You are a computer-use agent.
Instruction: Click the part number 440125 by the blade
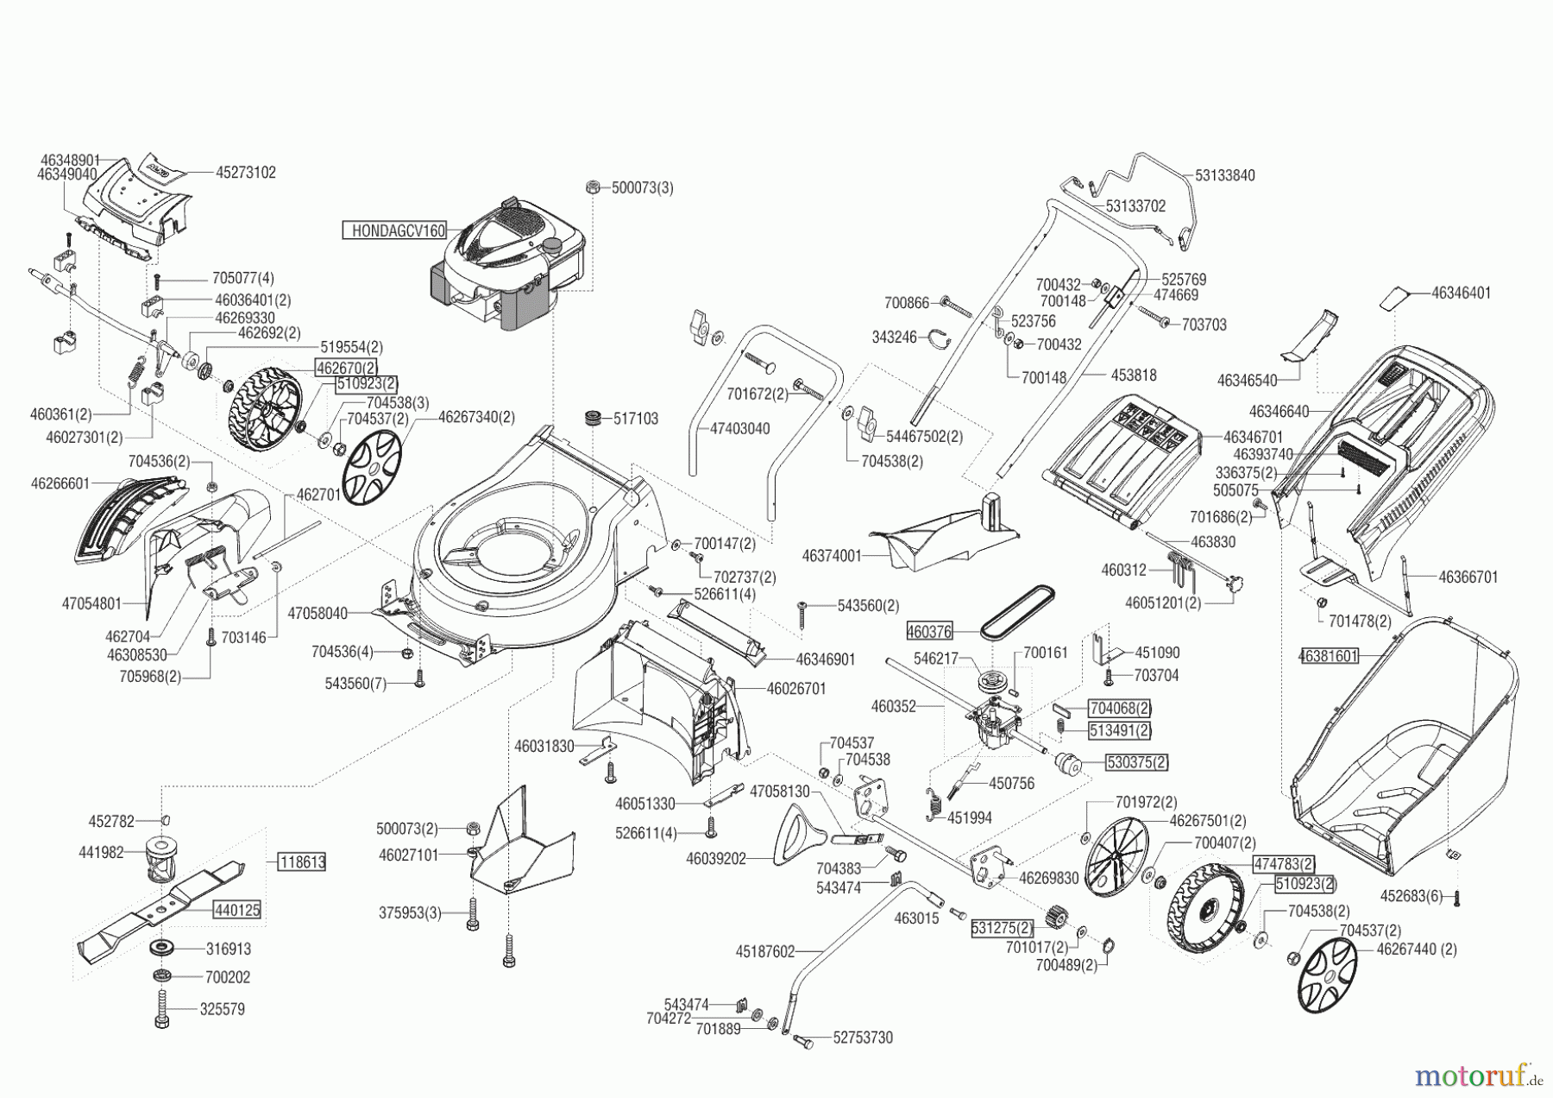click(x=237, y=910)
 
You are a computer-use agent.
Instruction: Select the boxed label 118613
click(x=302, y=861)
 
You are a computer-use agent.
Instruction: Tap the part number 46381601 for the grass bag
click(x=1329, y=656)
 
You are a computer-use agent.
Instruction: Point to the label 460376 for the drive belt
click(x=929, y=632)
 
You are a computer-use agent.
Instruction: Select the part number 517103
click(x=636, y=419)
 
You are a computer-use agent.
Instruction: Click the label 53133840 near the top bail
click(x=1225, y=175)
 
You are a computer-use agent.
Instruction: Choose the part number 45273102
click(x=246, y=173)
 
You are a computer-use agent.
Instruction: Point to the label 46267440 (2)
click(x=1417, y=950)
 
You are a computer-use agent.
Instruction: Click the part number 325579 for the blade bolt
click(x=223, y=1009)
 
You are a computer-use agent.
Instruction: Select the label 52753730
click(x=864, y=1038)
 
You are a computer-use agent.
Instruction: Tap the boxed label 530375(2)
click(x=1137, y=762)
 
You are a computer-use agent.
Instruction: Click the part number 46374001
click(x=832, y=557)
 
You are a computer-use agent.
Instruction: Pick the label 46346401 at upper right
click(x=1462, y=293)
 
